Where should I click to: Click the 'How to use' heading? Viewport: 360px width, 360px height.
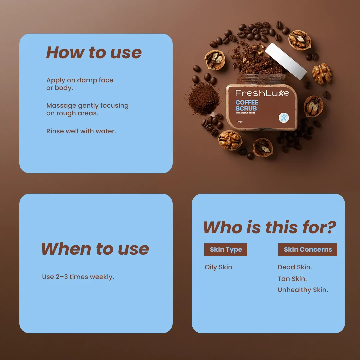tap(94, 53)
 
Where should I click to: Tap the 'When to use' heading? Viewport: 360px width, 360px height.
tap(95, 249)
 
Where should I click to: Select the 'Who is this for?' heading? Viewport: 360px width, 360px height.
tap(270, 227)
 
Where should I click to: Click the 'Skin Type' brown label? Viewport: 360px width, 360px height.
tap(226, 250)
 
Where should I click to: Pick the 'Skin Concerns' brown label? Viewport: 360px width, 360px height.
tap(308, 250)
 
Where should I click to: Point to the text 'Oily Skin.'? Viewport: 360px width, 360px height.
tap(219, 267)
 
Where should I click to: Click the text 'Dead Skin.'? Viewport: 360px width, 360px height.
tap(295, 267)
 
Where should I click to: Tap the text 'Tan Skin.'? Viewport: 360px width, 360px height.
tap(292, 279)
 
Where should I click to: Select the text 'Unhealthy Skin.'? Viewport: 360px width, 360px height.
tap(303, 290)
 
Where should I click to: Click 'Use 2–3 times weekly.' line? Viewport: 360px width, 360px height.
tap(78, 277)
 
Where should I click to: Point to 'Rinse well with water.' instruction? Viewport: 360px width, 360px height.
tap(81, 131)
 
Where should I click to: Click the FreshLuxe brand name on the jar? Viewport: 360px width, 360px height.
tap(262, 93)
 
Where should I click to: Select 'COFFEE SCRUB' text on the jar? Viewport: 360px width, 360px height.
tap(247, 105)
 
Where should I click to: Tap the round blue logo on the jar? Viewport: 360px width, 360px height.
tap(284, 118)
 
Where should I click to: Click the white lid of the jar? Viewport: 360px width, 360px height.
tap(286, 61)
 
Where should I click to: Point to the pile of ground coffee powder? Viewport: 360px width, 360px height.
tap(204, 98)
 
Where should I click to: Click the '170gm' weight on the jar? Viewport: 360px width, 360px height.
tap(239, 122)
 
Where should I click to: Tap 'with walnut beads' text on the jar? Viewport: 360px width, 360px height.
tap(245, 113)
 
